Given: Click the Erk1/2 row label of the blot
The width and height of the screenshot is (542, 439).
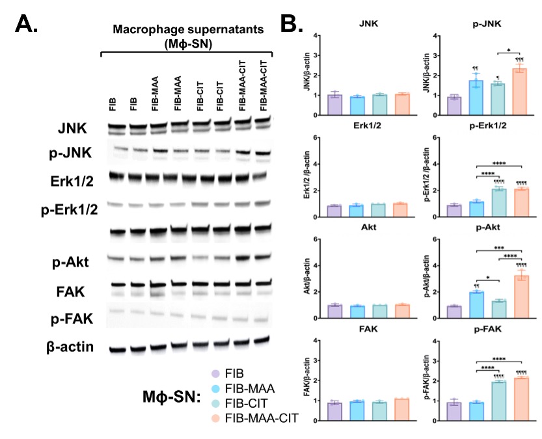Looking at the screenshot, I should [x=67, y=179].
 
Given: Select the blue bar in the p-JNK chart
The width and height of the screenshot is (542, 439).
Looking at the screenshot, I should [x=476, y=98].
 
